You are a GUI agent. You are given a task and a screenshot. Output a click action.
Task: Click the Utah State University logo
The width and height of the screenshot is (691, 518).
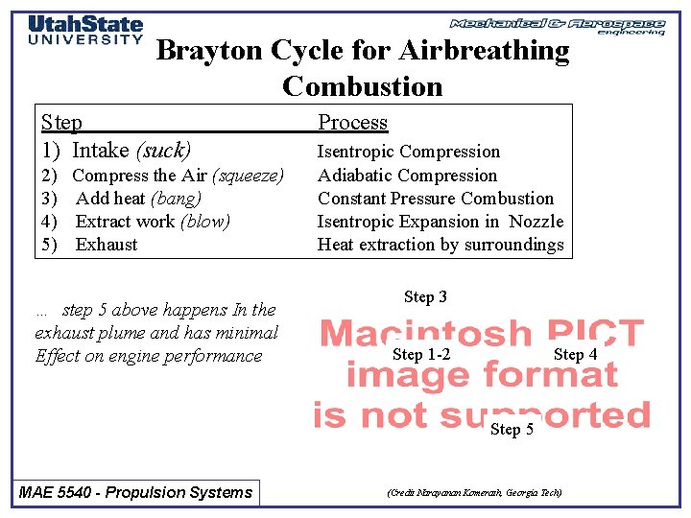point(85,30)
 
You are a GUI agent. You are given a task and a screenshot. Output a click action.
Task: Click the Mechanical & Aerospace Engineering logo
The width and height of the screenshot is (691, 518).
point(558,25)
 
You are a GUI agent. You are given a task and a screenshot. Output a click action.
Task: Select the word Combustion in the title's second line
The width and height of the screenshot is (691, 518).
point(363,86)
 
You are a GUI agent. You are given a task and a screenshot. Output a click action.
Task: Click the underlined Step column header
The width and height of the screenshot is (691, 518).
point(61,123)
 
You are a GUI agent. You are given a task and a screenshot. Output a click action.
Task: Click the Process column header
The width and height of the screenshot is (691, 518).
point(352,123)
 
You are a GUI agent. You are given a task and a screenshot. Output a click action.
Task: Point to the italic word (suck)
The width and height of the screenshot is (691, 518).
point(164,151)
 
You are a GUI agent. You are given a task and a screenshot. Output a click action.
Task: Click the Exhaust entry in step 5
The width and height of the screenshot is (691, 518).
point(107,245)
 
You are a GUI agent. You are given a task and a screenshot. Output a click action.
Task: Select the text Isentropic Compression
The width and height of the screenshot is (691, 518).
point(409,152)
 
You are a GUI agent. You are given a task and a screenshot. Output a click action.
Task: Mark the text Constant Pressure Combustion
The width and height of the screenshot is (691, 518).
point(436,199)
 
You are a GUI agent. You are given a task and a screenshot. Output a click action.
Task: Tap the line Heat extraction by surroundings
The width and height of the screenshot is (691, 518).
point(441,245)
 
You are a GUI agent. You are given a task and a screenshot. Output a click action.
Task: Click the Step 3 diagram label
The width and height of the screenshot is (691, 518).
point(425,297)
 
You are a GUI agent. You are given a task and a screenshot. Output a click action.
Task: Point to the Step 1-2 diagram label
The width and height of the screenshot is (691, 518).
point(421,355)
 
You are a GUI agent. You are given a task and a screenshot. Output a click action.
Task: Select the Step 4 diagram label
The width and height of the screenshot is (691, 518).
point(575,355)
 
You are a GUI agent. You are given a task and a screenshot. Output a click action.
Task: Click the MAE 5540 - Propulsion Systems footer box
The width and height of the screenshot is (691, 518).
point(136,493)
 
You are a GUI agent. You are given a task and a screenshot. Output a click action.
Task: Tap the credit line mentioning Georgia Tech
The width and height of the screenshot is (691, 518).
point(474,493)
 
